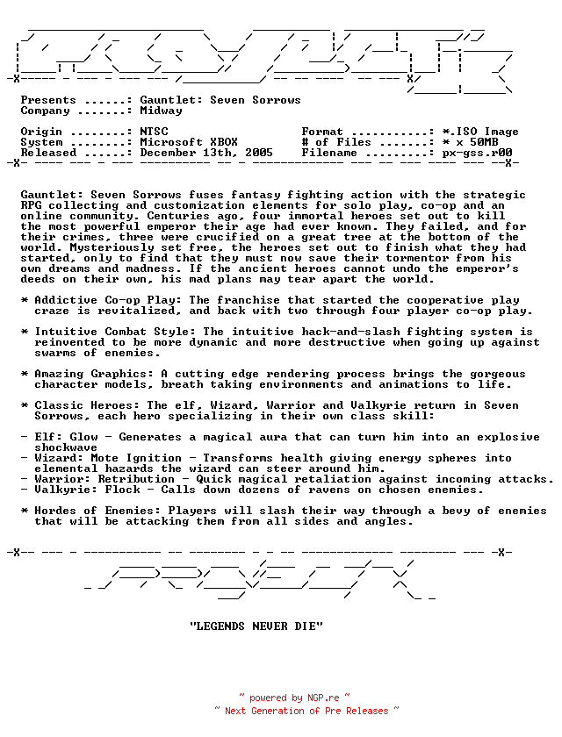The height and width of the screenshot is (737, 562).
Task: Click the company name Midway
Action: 161,111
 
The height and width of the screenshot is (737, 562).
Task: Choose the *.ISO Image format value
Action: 480,132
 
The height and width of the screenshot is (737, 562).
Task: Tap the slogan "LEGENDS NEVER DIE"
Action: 256,626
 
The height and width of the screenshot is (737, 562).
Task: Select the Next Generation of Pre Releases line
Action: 306,711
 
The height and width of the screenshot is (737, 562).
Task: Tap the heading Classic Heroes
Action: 87,405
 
